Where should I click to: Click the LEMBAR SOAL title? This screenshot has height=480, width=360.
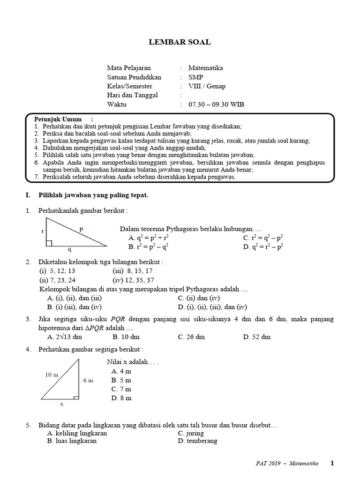point(180,42)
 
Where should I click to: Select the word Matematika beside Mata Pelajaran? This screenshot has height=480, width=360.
point(205,68)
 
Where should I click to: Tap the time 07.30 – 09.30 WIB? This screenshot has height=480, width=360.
point(216,105)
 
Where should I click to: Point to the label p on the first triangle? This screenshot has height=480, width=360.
point(81,229)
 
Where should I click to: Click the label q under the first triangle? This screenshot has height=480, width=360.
point(69,250)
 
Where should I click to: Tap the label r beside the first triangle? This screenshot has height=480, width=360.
point(43,232)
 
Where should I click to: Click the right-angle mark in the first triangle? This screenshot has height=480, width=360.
point(49,243)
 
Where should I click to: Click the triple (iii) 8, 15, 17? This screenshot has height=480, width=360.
point(133,271)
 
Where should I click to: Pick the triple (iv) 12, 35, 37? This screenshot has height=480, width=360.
point(133,280)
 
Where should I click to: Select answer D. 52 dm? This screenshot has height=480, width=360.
point(257,337)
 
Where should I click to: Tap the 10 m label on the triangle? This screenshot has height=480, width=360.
point(52,375)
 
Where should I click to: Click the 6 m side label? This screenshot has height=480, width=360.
point(88,380)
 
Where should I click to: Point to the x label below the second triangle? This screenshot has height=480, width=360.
point(61,403)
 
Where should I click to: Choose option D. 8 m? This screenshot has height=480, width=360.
point(121,398)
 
